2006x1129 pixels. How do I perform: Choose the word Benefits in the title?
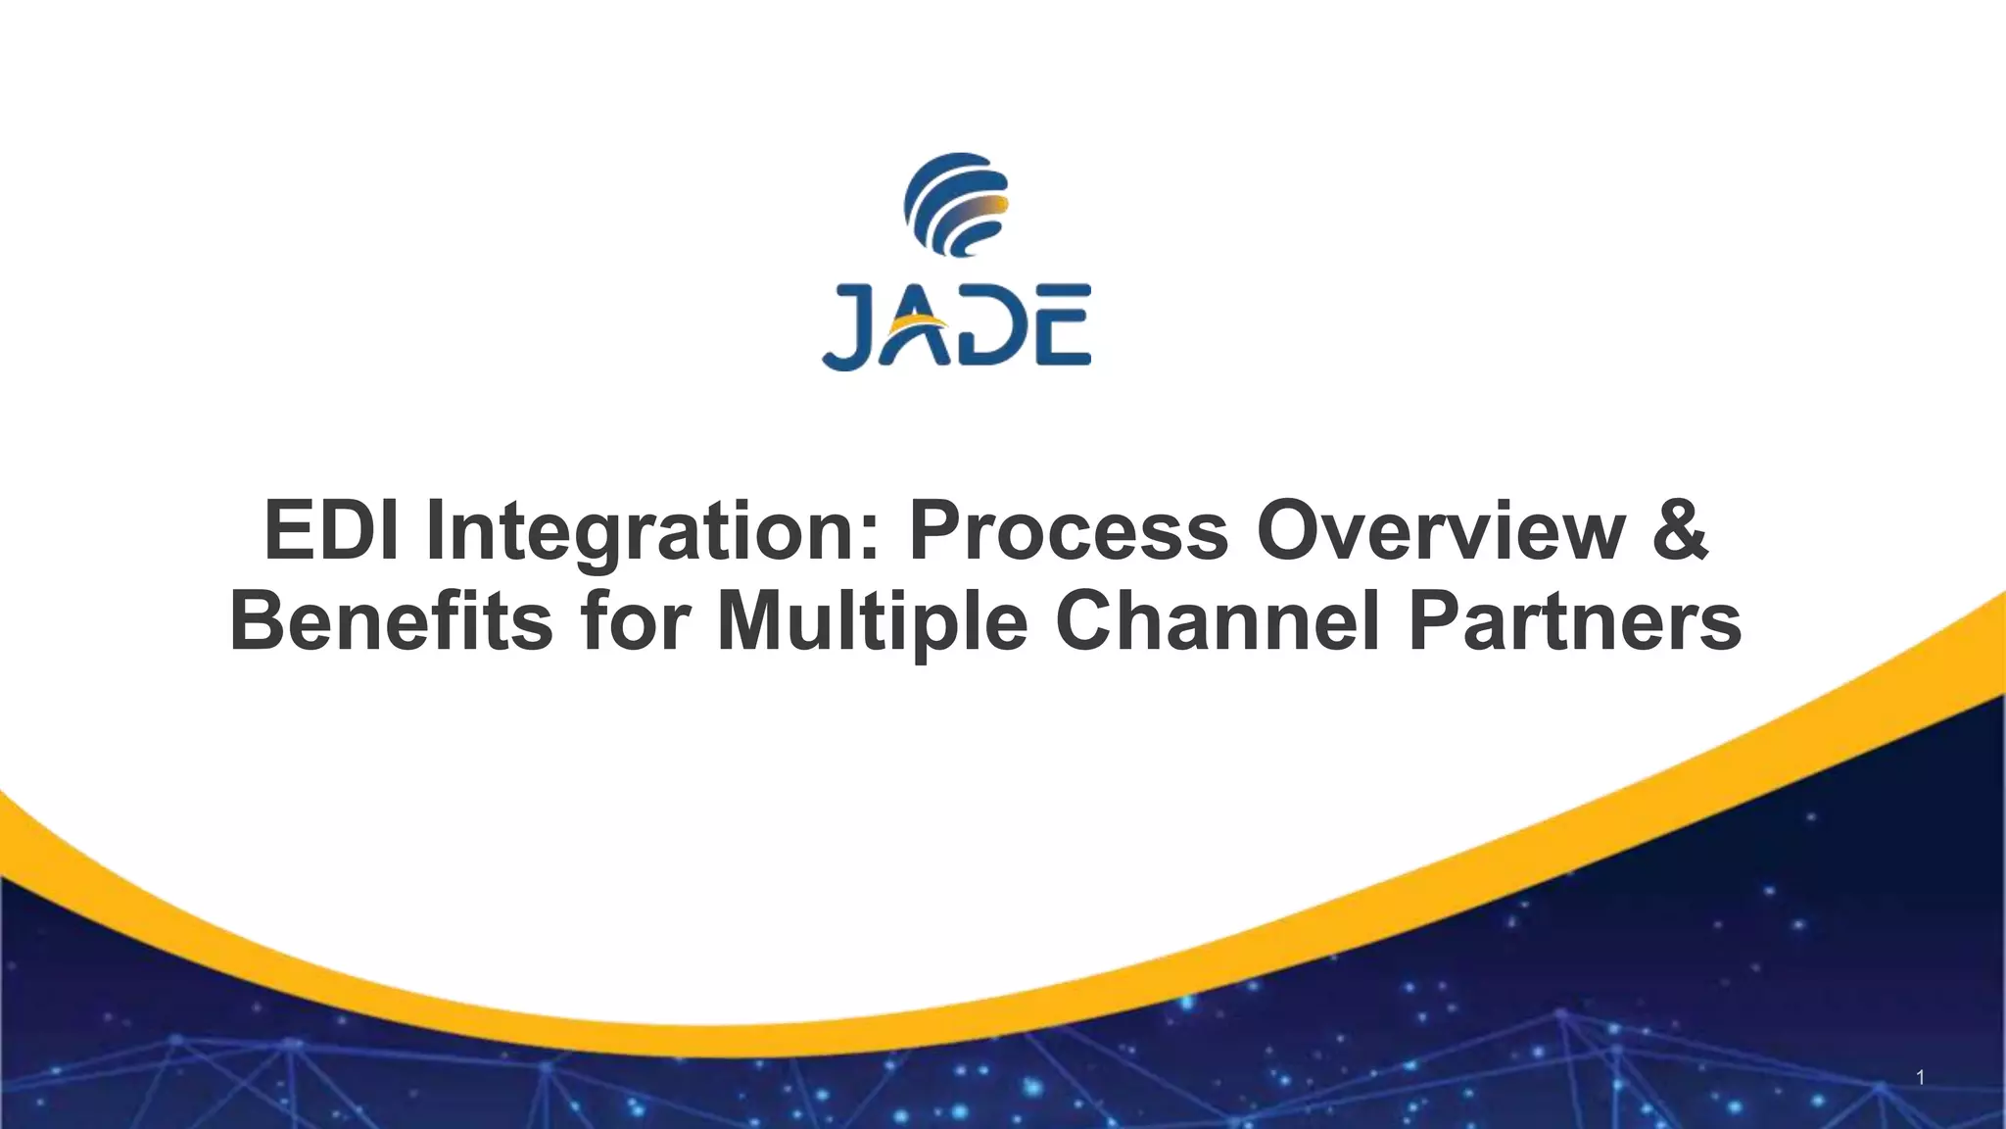pyautogui.click(x=391, y=621)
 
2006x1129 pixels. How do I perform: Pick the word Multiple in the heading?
pyautogui.click(x=872, y=621)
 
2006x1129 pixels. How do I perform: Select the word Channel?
pyautogui.click(x=1218, y=621)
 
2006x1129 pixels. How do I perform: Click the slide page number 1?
pyautogui.click(x=1920, y=1078)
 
